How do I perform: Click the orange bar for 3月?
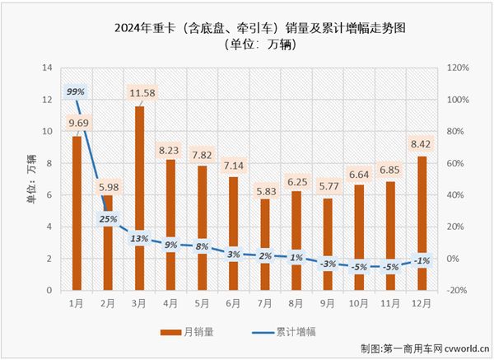(140, 198)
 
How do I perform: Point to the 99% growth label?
(76, 91)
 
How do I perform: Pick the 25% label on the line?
(108, 219)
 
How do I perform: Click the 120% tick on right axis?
(458, 68)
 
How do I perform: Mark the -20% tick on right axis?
(458, 291)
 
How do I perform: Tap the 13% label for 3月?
(140, 238)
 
